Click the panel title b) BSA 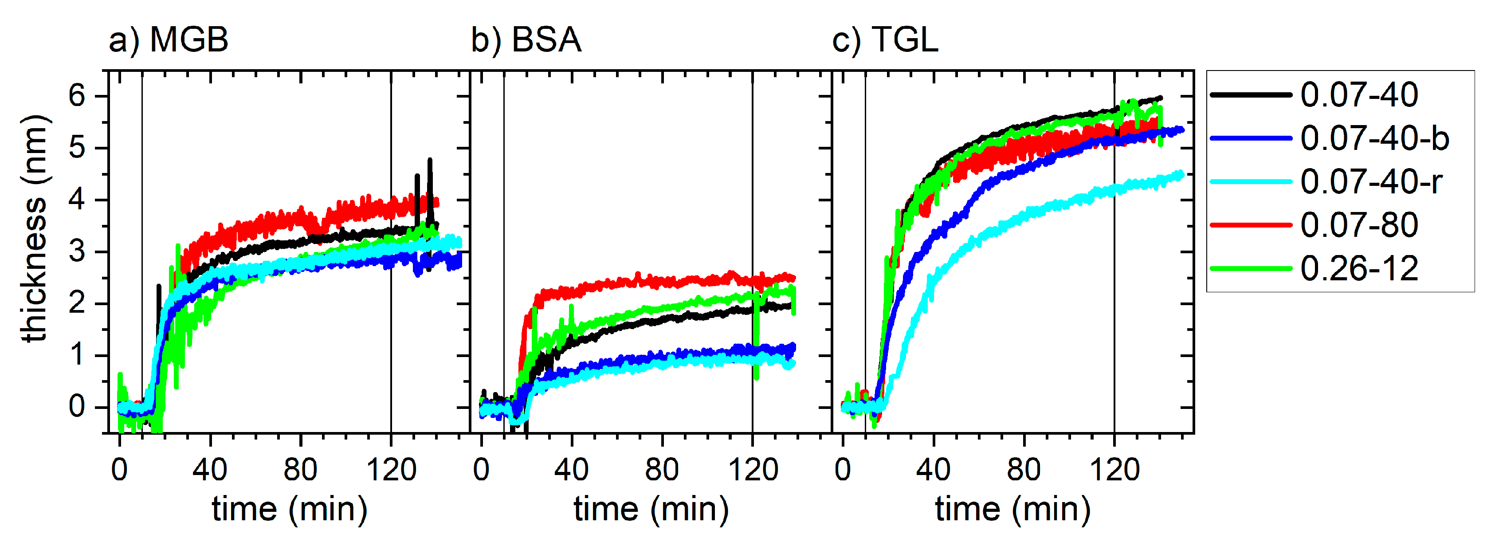pyautogui.click(x=526, y=40)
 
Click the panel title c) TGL pyautogui.click(x=885, y=40)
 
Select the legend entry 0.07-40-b pyautogui.click(x=1374, y=139)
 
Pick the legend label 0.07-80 pyautogui.click(x=1359, y=225)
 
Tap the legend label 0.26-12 pyautogui.click(x=1359, y=269)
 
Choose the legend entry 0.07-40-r pyautogui.click(x=1371, y=182)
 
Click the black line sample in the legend pyautogui.click(x=1251, y=94)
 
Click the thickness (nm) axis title pyautogui.click(x=34, y=229)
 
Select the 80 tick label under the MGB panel pyautogui.click(x=301, y=469)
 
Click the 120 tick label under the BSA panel pyautogui.click(x=753, y=469)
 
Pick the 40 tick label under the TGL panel pyautogui.click(x=933, y=469)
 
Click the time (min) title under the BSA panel pyautogui.click(x=651, y=510)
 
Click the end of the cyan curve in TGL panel pyautogui.click(x=1181, y=173)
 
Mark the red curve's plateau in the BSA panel pyautogui.click(x=667, y=282)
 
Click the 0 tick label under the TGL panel pyautogui.click(x=843, y=469)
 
